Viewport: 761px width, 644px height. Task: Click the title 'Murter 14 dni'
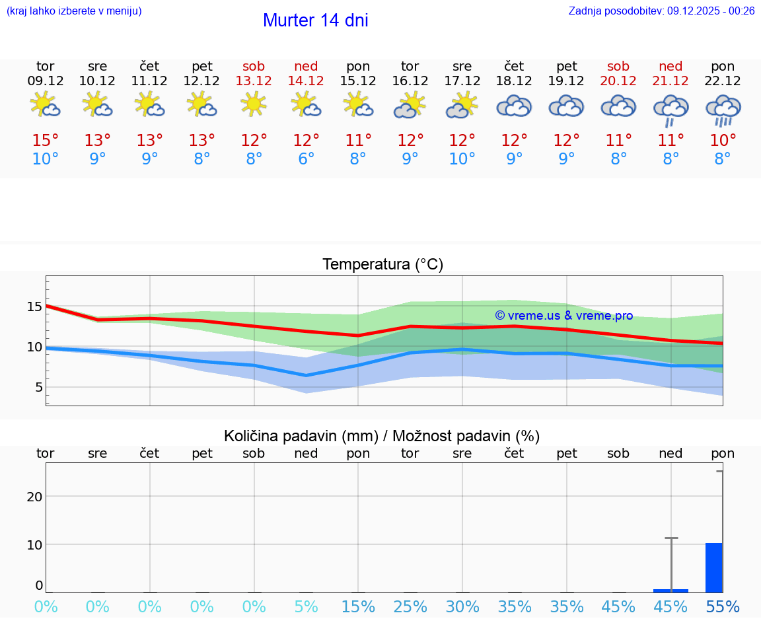pos(315,20)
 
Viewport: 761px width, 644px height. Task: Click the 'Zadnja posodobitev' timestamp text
pos(661,11)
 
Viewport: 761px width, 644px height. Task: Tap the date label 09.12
pos(45,81)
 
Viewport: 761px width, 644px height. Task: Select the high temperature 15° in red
pos(45,141)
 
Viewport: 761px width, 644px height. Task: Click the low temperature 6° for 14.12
pos(306,159)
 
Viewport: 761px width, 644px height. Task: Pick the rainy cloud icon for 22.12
pos(723,110)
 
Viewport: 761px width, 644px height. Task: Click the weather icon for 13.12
pos(254,104)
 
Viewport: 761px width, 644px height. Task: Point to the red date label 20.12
pos(618,81)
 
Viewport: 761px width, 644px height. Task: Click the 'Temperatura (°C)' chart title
pos(382,265)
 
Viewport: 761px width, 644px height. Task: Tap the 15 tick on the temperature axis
pos(34,306)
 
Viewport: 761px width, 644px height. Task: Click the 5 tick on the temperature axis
pos(38,387)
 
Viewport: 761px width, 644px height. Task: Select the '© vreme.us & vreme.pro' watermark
pos(563,316)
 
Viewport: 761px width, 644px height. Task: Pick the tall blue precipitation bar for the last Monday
pos(713,567)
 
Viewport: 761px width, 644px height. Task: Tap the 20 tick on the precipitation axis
pos(34,497)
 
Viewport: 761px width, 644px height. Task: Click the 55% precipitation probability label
pos(723,607)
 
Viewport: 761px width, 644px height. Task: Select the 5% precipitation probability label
pos(306,607)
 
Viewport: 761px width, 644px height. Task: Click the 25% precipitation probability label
pos(410,607)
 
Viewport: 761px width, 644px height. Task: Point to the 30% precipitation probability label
pos(462,607)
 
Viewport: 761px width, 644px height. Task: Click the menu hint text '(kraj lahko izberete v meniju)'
pos(74,11)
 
